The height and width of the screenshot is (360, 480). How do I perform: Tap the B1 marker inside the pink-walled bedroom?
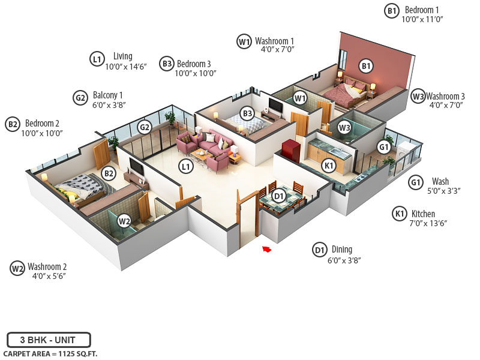(x=366, y=66)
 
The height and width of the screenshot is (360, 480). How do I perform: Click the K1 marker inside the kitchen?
(x=328, y=166)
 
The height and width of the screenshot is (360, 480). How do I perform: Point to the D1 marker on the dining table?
(x=278, y=196)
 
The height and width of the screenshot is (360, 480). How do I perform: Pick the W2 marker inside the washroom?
(x=124, y=220)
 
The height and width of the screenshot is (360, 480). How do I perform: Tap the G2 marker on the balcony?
(x=144, y=127)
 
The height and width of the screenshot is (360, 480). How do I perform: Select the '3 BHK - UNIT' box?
(x=49, y=340)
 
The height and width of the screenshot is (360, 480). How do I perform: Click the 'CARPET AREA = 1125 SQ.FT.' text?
(x=50, y=354)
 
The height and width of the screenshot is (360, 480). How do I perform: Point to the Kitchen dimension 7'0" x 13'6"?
(x=428, y=223)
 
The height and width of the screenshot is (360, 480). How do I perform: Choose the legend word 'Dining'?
(x=341, y=250)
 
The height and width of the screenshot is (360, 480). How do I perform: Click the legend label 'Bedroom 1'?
(x=422, y=10)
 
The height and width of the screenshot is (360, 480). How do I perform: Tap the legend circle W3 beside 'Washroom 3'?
(x=418, y=96)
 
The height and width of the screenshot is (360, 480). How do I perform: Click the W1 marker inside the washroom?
(x=300, y=98)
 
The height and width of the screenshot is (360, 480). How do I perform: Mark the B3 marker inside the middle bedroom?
(x=247, y=113)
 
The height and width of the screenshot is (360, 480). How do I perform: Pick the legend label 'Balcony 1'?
(x=108, y=95)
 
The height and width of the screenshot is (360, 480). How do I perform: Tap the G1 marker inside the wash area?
(x=383, y=146)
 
